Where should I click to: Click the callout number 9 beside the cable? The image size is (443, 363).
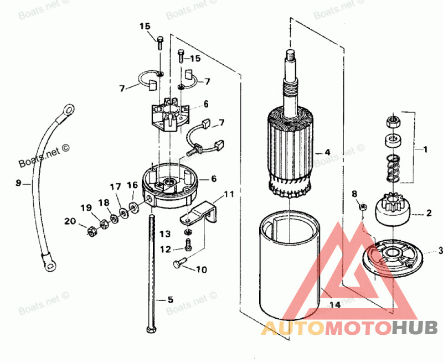point(18,182)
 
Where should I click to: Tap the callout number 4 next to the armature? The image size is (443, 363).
point(327,152)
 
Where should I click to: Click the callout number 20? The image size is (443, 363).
point(69,221)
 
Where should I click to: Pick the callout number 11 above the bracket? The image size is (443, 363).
point(229,195)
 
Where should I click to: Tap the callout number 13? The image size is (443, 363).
point(166,234)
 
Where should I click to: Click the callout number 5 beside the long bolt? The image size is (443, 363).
point(171,299)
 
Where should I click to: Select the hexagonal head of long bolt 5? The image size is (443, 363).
point(151,330)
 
